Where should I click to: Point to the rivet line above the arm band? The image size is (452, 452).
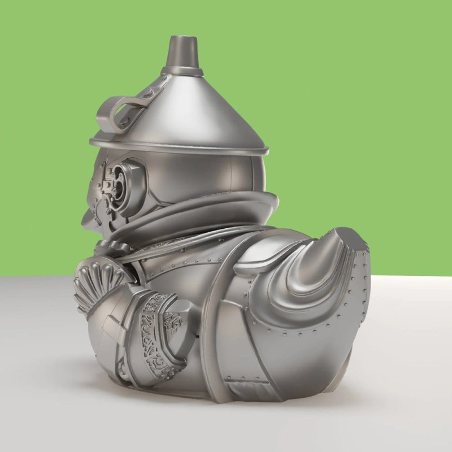[169, 266]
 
